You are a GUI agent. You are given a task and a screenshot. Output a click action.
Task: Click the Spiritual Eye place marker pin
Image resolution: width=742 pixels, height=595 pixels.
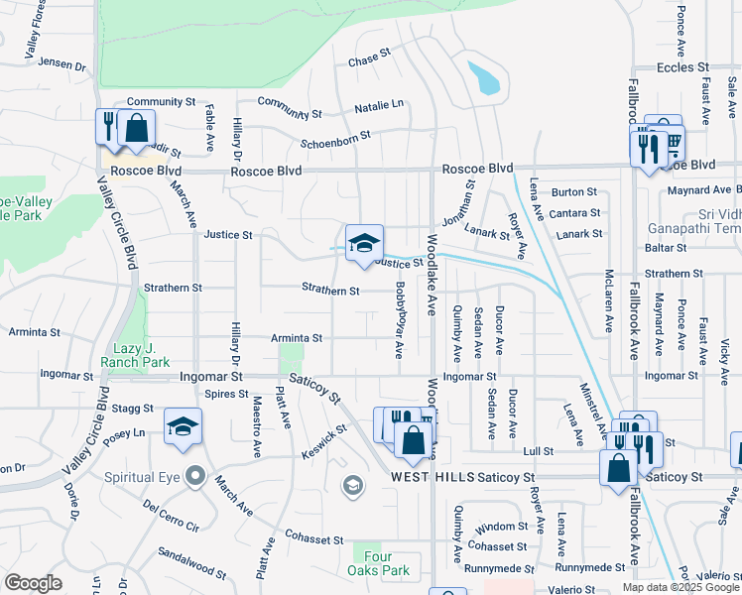coord(194,477)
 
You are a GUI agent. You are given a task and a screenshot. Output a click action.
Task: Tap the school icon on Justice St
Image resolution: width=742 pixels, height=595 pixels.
coord(364,243)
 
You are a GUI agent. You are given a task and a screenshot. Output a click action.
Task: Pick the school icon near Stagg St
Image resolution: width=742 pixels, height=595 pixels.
coord(183,427)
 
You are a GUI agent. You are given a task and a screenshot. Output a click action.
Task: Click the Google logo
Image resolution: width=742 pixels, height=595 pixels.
coord(33,583)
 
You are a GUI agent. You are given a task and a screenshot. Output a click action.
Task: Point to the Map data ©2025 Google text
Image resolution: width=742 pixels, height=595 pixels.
coord(680,587)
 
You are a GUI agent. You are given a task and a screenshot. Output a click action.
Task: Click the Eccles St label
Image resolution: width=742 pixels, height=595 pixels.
coord(683,68)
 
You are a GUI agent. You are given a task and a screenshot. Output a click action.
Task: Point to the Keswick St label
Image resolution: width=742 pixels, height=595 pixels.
coord(326,441)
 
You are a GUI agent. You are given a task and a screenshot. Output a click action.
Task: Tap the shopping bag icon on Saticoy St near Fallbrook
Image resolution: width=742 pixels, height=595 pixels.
coord(618,467)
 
